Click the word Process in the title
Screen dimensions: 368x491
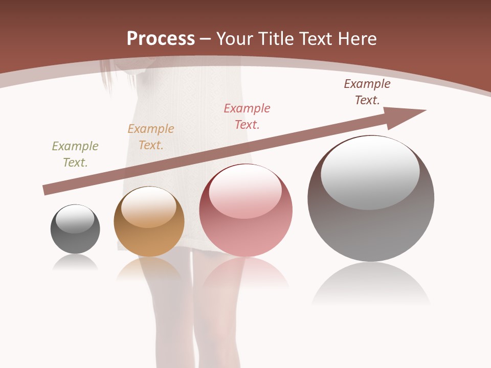(161, 39)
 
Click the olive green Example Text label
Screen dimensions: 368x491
(75, 154)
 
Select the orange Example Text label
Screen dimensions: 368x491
(151, 137)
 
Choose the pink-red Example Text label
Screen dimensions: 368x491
(247, 117)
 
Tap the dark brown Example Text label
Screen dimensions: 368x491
(367, 92)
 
